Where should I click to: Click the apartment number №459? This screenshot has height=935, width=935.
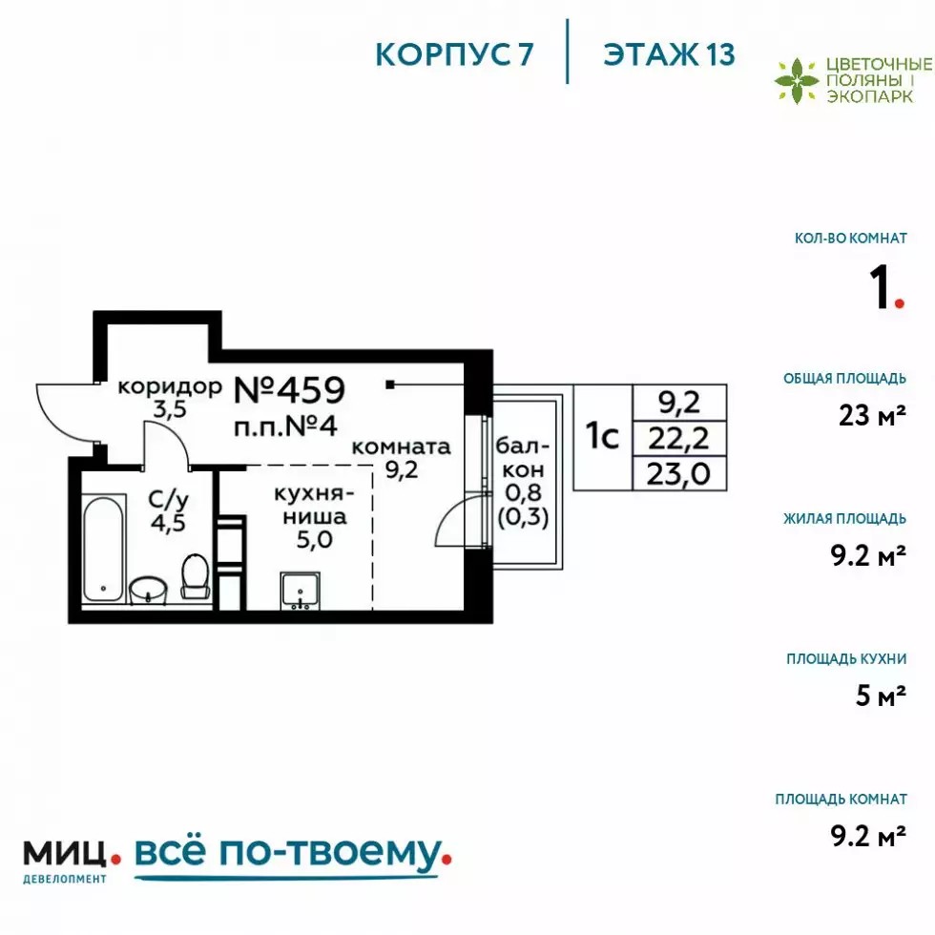pyautogui.click(x=289, y=390)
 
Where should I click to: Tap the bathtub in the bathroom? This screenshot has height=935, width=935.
pyautogui.click(x=104, y=549)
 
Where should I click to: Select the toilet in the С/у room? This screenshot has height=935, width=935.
pyautogui.click(x=195, y=575)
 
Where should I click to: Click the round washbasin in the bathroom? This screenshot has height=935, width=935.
pyautogui.click(x=148, y=591)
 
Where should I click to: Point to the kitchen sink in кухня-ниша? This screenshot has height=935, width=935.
pyautogui.click(x=300, y=591)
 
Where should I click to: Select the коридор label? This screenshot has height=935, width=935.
pyautogui.click(x=170, y=386)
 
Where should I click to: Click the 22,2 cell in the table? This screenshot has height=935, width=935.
pyautogui.click(x=678, y=439)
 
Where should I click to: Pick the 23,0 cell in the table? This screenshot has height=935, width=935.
pyautogui.click(x=678, y=474)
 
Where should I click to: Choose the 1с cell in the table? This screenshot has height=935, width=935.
pyautogui.click(x=602, y=437)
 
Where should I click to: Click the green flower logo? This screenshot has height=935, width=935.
pyautogui.click(x=796, y=80)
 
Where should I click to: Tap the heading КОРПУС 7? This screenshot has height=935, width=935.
pyautogui.click(x=454, y=55)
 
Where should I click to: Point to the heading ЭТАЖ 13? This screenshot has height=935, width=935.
pyautogui.click(x=669, y=55)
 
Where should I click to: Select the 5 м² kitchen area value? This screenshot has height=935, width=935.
pyautogui.click(x=881, y=696)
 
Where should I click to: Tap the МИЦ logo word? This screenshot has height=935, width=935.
pyautogui.click(x=65, y=853)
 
